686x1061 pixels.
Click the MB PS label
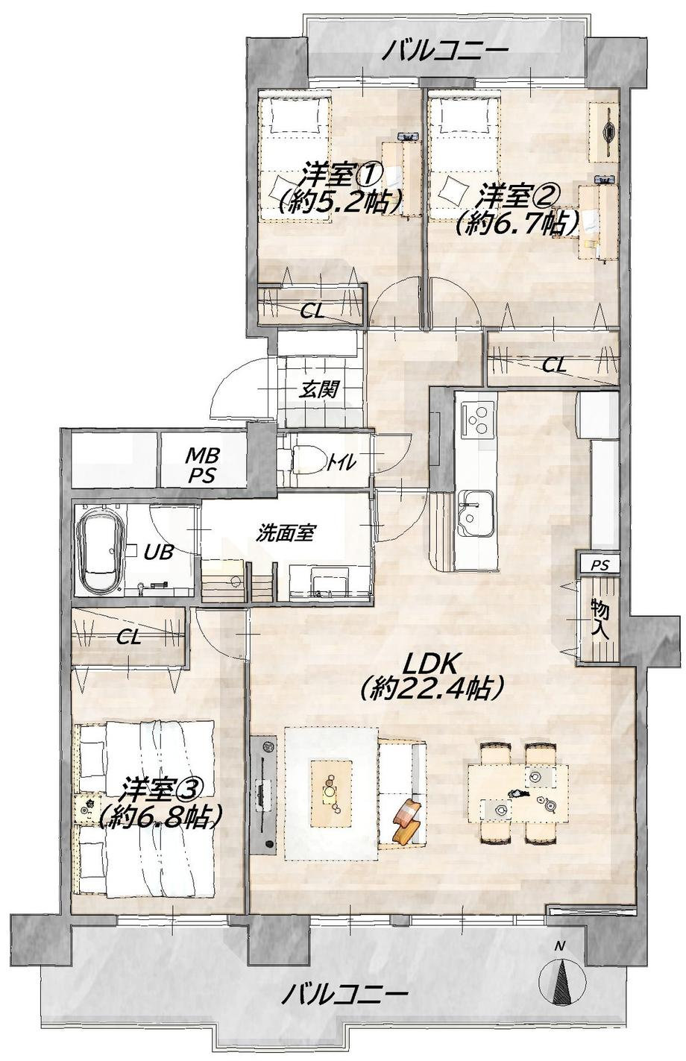tap(202, 465)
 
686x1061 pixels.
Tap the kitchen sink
tap(475, 514)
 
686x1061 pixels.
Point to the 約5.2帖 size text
tap(341, 203)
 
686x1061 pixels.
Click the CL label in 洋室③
tap(128, 637)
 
